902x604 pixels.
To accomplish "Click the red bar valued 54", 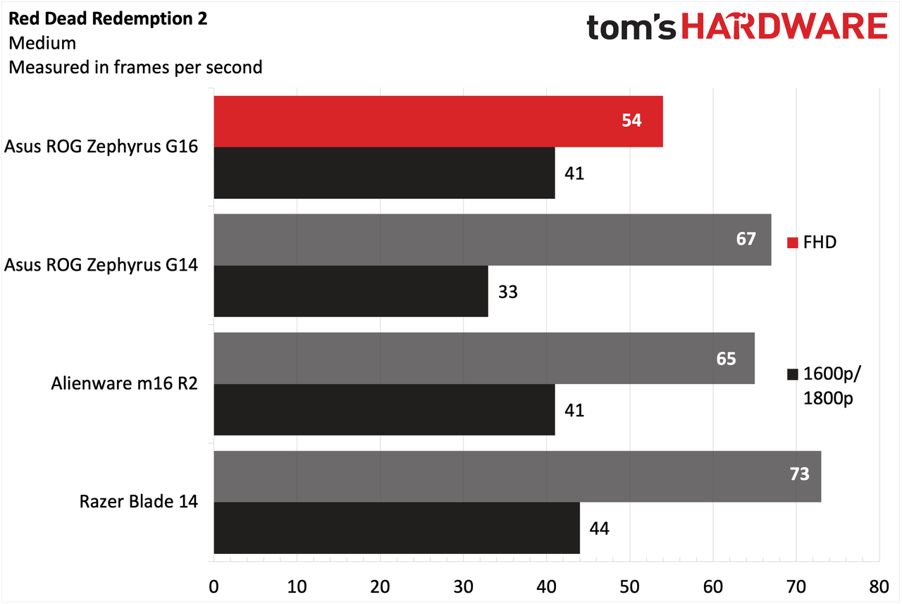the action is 438,122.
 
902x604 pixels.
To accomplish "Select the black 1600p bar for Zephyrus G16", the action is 384,173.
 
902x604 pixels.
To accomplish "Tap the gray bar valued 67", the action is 493,240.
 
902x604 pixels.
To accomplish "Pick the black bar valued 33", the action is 351,291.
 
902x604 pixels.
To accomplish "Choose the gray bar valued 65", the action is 484,358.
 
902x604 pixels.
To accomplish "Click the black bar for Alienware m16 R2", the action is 384,409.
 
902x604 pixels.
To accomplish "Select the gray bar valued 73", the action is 517,476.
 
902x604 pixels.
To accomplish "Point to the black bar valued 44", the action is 397,528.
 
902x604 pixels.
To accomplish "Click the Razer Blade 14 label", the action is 139,502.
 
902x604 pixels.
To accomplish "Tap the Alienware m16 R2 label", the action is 125,383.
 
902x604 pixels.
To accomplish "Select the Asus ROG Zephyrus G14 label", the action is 101,266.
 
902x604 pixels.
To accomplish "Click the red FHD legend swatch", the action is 793,243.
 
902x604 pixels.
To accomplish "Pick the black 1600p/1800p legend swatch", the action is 793,374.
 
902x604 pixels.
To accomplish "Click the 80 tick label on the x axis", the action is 879,586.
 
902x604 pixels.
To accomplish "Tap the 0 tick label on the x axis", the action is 214,586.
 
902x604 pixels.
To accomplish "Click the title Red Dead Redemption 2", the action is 108,18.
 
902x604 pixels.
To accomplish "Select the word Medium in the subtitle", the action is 42,43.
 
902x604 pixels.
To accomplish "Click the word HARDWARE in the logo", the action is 784,26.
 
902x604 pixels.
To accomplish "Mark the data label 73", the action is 799,474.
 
